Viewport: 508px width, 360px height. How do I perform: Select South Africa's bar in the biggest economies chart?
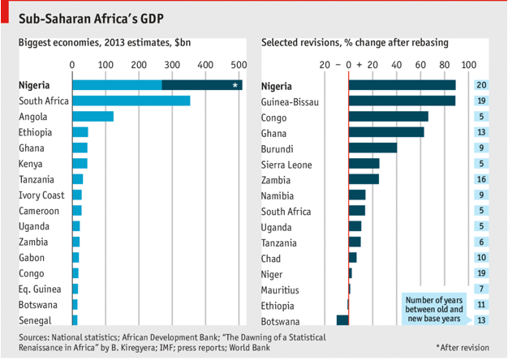(x=131, y=101)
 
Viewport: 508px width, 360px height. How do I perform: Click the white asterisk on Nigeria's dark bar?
(x=235, y=85)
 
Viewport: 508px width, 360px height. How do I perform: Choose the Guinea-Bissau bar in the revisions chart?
(x=402, y=101)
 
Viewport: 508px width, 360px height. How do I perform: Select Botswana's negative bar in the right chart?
(x=342, y=319)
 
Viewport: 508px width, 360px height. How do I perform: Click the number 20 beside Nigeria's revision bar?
(x=481, y=85)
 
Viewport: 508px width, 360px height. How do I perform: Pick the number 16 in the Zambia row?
(x=481, y=178)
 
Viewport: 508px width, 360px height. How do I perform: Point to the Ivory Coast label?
(x=41, y=195)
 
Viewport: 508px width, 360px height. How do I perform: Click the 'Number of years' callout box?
(x=434, y=309)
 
